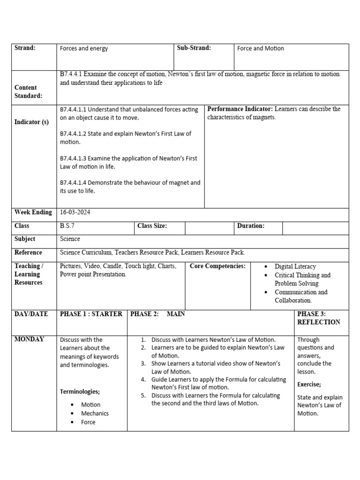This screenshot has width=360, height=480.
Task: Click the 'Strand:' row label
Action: (x=25, y=48)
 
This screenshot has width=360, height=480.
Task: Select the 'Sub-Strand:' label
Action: (x=194, y=48)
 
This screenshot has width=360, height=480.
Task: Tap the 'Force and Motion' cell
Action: (x=261, y=49)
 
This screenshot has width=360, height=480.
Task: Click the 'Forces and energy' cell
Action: (x=83, y=49)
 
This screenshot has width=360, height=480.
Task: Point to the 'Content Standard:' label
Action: (x=28, y=92)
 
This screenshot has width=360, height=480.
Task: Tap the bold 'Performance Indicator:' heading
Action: (x=240, y=109)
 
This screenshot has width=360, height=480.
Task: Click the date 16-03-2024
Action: (x=75, y=212)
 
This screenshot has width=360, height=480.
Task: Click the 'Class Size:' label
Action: (x=152, y=226)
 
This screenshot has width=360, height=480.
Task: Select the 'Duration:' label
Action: (x=250, y=226)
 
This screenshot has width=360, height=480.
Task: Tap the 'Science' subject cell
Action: (x=70, y=239)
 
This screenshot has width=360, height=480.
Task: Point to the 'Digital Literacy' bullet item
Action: (x=295, y=267)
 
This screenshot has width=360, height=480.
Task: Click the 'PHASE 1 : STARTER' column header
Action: (x=91, y=314)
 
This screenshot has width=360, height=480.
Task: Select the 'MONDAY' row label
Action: (x=29, y=339)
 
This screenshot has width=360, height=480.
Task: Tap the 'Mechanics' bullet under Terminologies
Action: (x=95, y=413)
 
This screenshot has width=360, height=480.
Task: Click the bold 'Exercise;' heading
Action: (x=309, y=384)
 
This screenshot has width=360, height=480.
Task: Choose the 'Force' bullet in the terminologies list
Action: (x=88, y=422)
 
